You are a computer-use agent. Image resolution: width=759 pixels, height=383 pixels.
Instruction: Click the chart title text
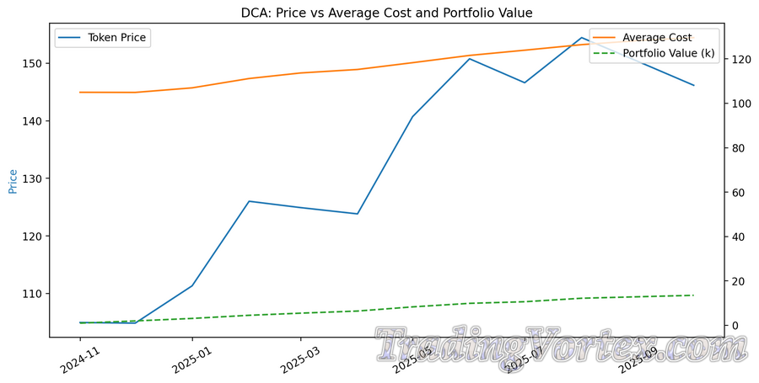(379, 12)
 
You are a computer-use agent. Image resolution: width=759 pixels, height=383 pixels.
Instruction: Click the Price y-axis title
(13, 181)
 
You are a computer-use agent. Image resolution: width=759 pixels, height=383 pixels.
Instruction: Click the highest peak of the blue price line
(582, 38)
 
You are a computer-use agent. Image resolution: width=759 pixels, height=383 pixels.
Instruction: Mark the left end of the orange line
(80, 92)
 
